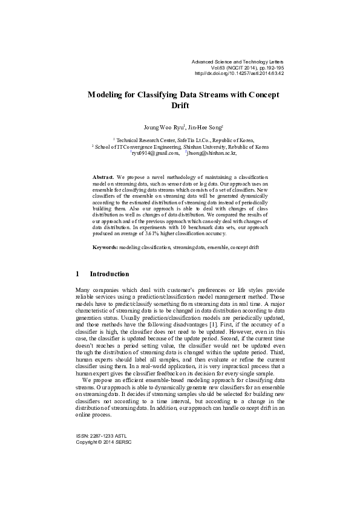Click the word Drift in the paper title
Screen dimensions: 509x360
click(180, 105)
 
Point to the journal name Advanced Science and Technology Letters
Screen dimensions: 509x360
click(237, 62)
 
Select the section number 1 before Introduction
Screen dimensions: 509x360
click(77, 274)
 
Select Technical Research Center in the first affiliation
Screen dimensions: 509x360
click(142, 139)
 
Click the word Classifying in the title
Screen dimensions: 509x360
click(151, 95)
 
